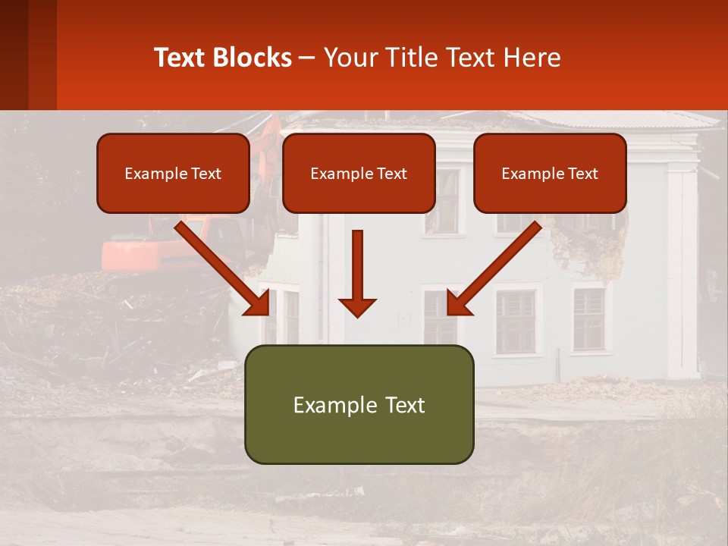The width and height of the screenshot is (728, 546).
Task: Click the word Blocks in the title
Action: (254, 58)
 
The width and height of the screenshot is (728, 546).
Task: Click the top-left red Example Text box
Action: (173, 174)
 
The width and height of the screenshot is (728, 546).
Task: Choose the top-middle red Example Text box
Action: (359, 174)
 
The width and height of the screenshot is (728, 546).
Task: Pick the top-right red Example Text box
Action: (550, 174)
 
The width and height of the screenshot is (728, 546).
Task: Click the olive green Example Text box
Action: (359, 405)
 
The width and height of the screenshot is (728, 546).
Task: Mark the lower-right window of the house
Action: (589, 318)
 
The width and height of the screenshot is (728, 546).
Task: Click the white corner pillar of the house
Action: (682, 273)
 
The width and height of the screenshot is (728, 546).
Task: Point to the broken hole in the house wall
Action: (588, 243)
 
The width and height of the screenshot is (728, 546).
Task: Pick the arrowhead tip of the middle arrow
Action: (357, 315)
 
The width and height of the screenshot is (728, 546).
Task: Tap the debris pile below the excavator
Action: (99, 318)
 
